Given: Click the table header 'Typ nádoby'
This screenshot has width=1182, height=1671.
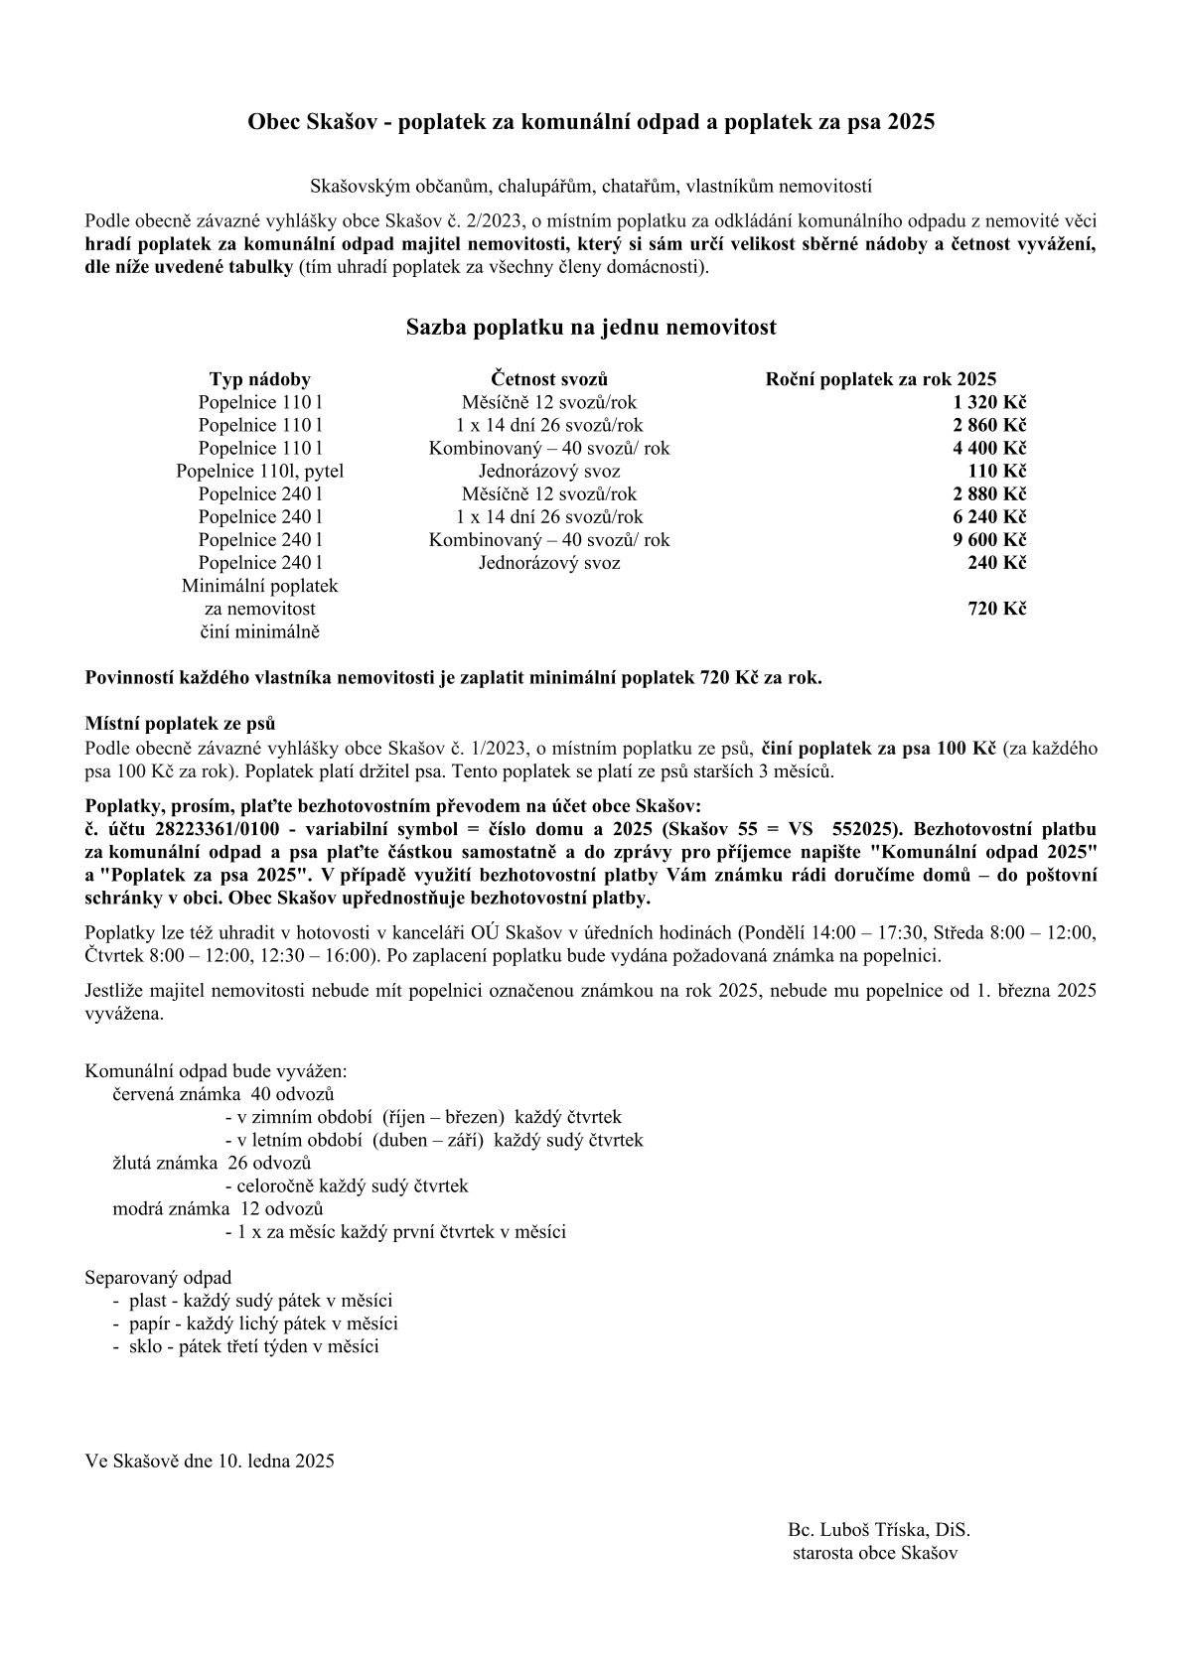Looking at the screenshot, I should coord(259,379).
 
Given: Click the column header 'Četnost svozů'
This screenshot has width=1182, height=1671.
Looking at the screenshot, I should coord(549,379).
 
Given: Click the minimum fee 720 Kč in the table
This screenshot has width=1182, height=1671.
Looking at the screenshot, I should coord(996,609).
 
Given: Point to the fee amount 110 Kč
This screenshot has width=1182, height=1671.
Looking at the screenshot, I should coord(996,471).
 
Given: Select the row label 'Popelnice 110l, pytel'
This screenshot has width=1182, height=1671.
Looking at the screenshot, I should coord(259,471).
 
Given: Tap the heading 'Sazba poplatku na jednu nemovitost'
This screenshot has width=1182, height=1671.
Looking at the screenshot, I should coord(591,327).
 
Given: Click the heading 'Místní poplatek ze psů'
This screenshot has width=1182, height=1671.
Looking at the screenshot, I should coord(180,724).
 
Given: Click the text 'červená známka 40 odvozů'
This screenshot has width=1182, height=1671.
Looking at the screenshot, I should coord(222,1094).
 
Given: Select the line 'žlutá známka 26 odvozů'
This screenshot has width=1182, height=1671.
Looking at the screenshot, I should coord(212,1163).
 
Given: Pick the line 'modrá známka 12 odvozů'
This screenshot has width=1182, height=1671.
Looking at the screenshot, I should coord(218,1208).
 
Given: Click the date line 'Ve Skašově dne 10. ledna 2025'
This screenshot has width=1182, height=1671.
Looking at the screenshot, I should coord(210,1461).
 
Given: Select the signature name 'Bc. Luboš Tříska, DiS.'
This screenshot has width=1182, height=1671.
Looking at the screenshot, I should coord(878,1530).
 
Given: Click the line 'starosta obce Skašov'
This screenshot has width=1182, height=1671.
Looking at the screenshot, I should coord(875,1553).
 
